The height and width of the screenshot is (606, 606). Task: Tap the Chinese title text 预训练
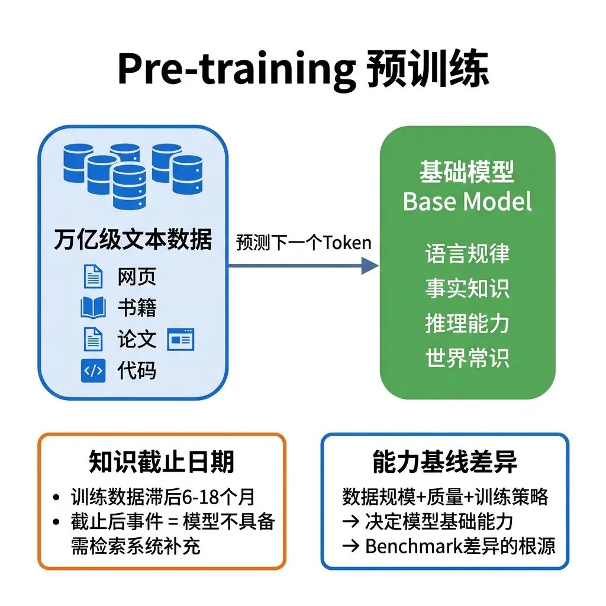(x=427, y=70)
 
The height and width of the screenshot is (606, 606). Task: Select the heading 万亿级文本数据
(x=133, y=240)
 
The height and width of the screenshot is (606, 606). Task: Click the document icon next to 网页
(x=93, y=277)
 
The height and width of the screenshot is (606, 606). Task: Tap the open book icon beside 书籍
(x=93, y=308)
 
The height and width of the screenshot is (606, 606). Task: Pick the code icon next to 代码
(x=93, y=370)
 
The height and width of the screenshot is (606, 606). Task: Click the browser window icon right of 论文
(x=180, y=340)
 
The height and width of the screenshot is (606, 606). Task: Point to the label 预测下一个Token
(x=304, y=243)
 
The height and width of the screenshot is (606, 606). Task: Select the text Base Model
(x=468, y=202)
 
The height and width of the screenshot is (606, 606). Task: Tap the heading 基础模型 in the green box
(x=467, y=172)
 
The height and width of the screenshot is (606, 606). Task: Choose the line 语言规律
(x=468, y=254)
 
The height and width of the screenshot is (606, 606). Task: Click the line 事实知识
(x=468, y=288)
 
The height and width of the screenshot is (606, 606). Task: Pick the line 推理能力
(x=468, y=323)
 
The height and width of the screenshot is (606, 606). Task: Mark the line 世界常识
(x=468, y=358)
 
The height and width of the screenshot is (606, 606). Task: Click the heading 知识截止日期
(x=162, y=462)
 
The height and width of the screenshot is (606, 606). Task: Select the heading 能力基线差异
(x=445, y=462)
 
